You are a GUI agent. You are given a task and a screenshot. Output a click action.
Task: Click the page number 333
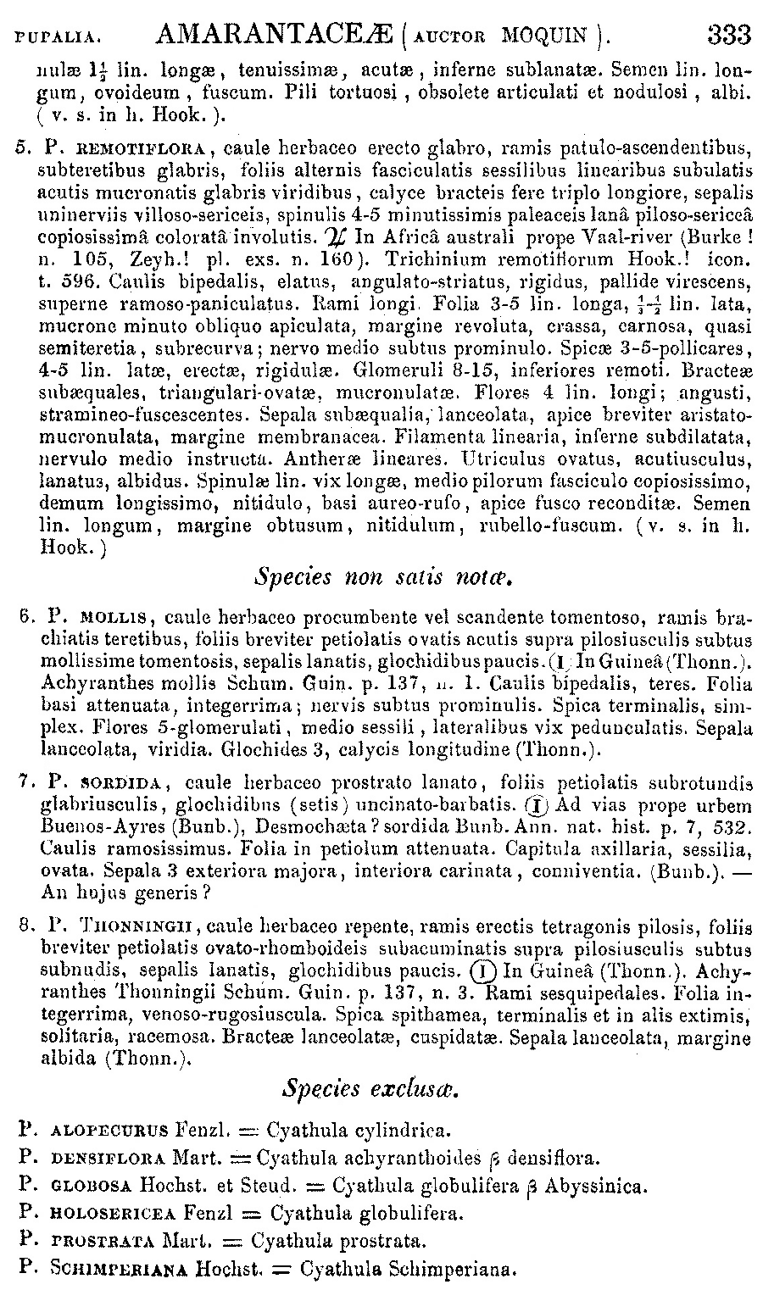pyautogui.click(x=728, y=35)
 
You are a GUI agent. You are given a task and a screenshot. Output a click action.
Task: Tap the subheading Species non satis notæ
pyautogui.click(x=385, y=578)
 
